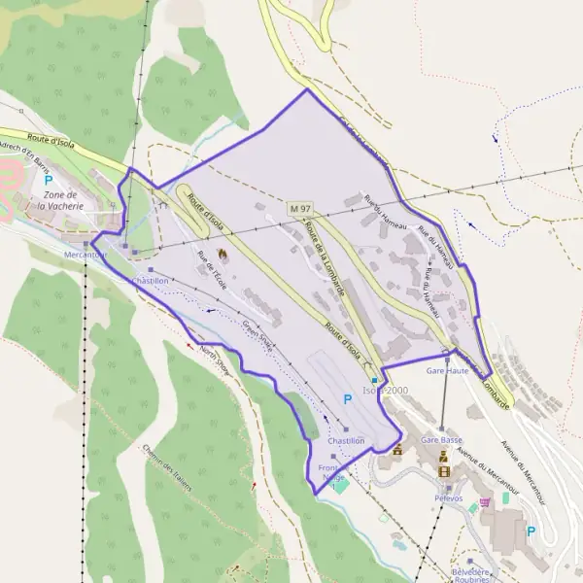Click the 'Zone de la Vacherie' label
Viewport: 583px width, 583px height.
click(x=62, y=200)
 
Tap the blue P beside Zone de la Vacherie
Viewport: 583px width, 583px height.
click(x=48, y=181)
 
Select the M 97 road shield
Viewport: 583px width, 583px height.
click(x=299, y=209)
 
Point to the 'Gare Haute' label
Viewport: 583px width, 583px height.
click(x=447, y=371)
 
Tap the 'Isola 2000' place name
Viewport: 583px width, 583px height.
click(x=386, y=390)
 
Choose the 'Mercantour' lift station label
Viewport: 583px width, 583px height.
click(x=85, y=255)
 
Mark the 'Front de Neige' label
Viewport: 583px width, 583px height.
click(x=333, y=473)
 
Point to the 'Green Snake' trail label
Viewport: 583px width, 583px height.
click(x=258, y=336)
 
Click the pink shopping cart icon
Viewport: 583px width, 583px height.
click(x=473, y=506)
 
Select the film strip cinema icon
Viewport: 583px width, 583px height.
click(x=445, y=472)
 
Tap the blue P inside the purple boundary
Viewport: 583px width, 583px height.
click(x=347, y=398)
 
